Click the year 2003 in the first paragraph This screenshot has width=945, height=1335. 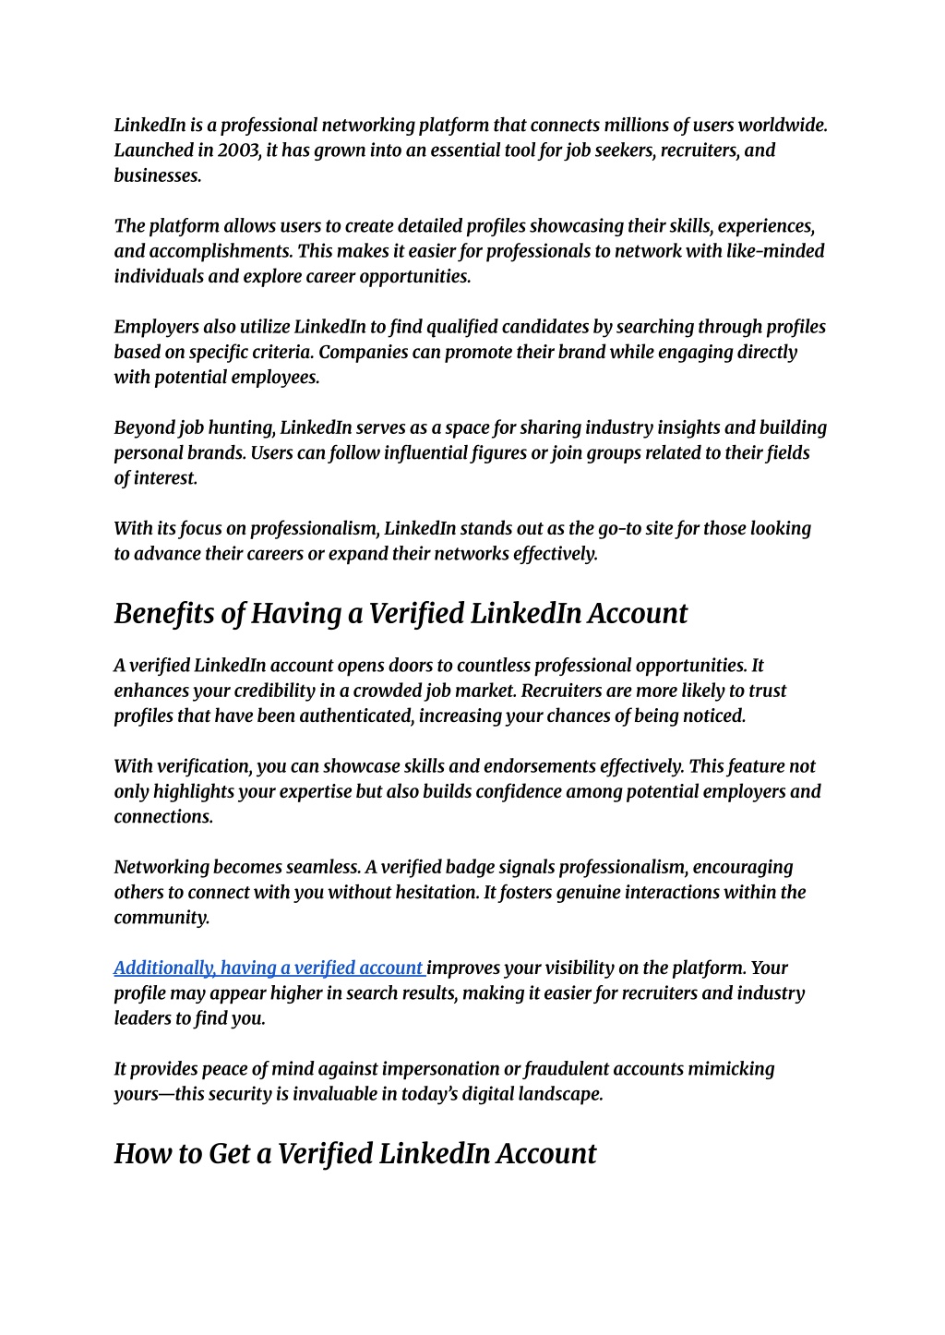[x=239, y=150]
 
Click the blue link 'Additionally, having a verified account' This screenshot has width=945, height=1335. [x=268, y=968]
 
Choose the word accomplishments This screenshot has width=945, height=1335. [x=236, y=251]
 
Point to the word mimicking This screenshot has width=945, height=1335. [x=732, y=1069]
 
